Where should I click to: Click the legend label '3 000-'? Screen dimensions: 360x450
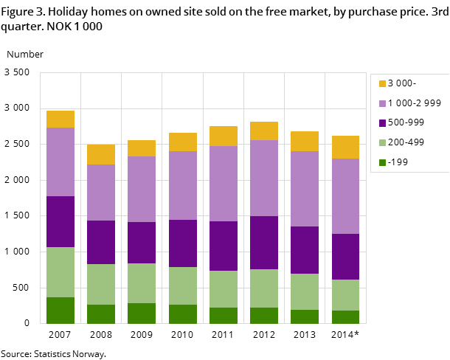click(401, 83)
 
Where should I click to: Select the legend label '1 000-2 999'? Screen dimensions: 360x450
click(414, 103)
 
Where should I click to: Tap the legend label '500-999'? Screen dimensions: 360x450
click(406, 123)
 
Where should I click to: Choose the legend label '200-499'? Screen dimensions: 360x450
click(406, 142)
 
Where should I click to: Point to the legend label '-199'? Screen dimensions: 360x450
click(398, 162)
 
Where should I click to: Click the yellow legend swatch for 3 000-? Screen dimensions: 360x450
click(382, 84)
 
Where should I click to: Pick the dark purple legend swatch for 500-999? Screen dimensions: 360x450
click(382, 123)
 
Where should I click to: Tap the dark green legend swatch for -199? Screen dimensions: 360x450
click(382, 162)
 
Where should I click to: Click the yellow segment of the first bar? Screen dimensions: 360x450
click(60, 119)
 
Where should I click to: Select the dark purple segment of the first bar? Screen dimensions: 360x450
click(60, 221)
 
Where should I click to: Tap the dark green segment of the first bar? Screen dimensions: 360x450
click(60, 310)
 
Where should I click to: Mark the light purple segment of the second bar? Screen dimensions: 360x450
click(101, 193)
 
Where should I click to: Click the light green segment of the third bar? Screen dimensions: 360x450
click(142, 283)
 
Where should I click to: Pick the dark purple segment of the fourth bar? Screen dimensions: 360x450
click(183, 243)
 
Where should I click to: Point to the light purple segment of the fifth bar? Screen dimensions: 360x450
click(224, 184)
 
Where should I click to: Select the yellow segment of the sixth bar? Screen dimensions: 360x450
click(264, 131)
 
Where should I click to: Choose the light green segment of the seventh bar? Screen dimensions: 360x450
click(305, 291)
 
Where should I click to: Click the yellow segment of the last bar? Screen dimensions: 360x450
click(345, 147)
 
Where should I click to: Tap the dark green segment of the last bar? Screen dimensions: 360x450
click(345, 316)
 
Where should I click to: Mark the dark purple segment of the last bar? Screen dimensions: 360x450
click(345, 257)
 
